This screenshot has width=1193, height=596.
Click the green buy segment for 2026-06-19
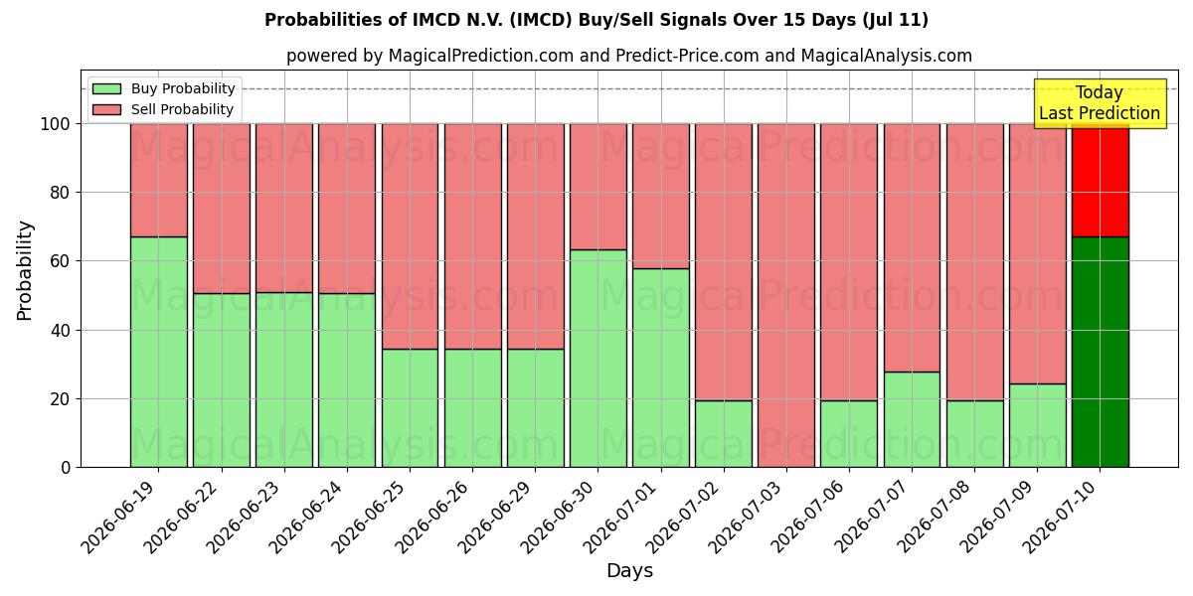(x=159, y=352)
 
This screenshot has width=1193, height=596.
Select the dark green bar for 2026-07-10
(x=1101, y=352)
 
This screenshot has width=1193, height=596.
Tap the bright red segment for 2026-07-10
(x=1101, y=181)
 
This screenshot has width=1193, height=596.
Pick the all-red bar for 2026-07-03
(x=786, y=295)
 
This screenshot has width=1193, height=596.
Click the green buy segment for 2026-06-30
(x=598, y=359)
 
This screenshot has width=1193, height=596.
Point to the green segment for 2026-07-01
(x=661, y=368)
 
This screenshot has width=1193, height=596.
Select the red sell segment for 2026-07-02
(x=724, y=262)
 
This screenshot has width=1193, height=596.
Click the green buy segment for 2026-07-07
(x=913, y=419)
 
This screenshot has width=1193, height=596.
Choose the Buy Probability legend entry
(x=163, y=88)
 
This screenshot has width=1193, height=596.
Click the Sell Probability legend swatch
(x=106, y=109)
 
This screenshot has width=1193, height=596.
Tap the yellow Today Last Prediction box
(x=1100, y=103)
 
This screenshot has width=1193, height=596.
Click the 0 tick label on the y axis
(x=66, y=468)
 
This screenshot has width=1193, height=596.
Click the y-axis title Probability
(x=25, y=271)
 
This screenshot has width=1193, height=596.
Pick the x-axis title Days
(x=629, y=570)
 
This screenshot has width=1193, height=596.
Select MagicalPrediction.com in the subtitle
(x=481, y=56)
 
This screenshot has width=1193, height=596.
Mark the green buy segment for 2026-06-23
(x=284, y=379)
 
